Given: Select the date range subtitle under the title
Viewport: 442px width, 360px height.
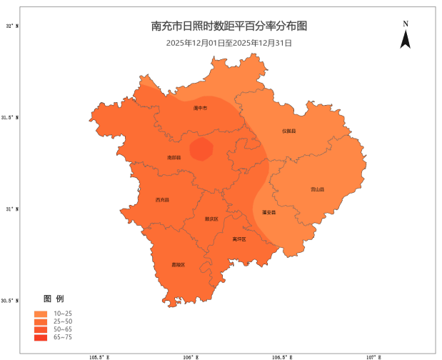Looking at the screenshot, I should click(229, 43).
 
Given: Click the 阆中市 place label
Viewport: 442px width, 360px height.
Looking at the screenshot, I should click(200, 109).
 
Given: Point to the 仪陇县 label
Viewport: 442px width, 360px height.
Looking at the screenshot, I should click(288, 131).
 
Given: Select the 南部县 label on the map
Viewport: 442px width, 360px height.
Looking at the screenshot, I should click(174, 157).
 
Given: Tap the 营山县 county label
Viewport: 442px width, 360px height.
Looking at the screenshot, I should click(317, 189).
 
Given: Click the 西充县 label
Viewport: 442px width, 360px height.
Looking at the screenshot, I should click(163, 200).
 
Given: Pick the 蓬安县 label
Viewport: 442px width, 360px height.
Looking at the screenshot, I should click(268, 212).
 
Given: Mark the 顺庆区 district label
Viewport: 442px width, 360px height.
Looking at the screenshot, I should click(211, 219).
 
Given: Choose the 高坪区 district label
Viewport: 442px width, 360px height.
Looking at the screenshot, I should click(239, 239).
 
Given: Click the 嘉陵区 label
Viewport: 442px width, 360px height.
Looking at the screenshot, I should click(178, 265).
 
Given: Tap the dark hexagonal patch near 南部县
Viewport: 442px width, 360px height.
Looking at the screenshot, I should click(201, 150).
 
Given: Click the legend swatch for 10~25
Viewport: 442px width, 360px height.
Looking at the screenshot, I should click(40, 314).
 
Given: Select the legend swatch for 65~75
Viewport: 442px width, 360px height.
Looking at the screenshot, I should click(40, 337).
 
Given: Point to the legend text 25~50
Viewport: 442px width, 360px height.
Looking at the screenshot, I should click(63, 321).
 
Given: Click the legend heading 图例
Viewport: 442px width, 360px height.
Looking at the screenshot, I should click(54, 298).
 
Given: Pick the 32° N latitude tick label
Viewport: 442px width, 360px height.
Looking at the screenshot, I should click(12, 26).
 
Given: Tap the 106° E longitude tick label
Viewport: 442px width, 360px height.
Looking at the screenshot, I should click(190, 356).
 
